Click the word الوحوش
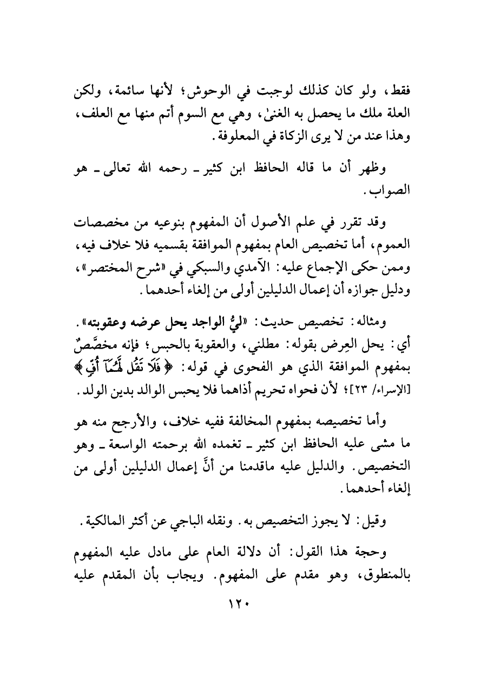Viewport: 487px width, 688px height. pyautogui.click(x=250, y=93)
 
